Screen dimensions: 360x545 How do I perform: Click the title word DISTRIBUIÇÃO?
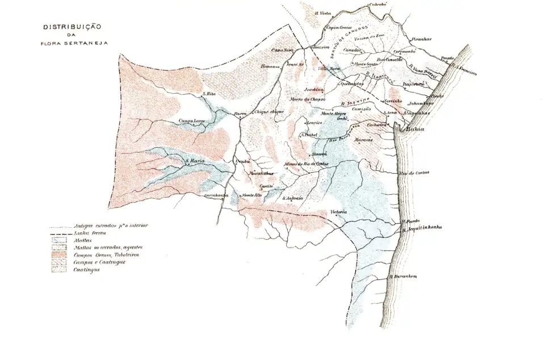[72, 27]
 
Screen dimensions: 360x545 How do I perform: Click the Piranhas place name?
[421, 39]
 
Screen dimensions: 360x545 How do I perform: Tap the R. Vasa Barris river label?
[423, 71]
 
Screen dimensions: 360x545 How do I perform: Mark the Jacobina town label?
[314, 90]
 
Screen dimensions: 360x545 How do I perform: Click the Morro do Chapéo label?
[307, 99]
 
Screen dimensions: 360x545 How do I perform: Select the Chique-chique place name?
[269, 112]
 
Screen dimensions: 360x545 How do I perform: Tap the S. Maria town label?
[194, 161]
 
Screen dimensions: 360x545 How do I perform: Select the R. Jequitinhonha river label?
[421, 228]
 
